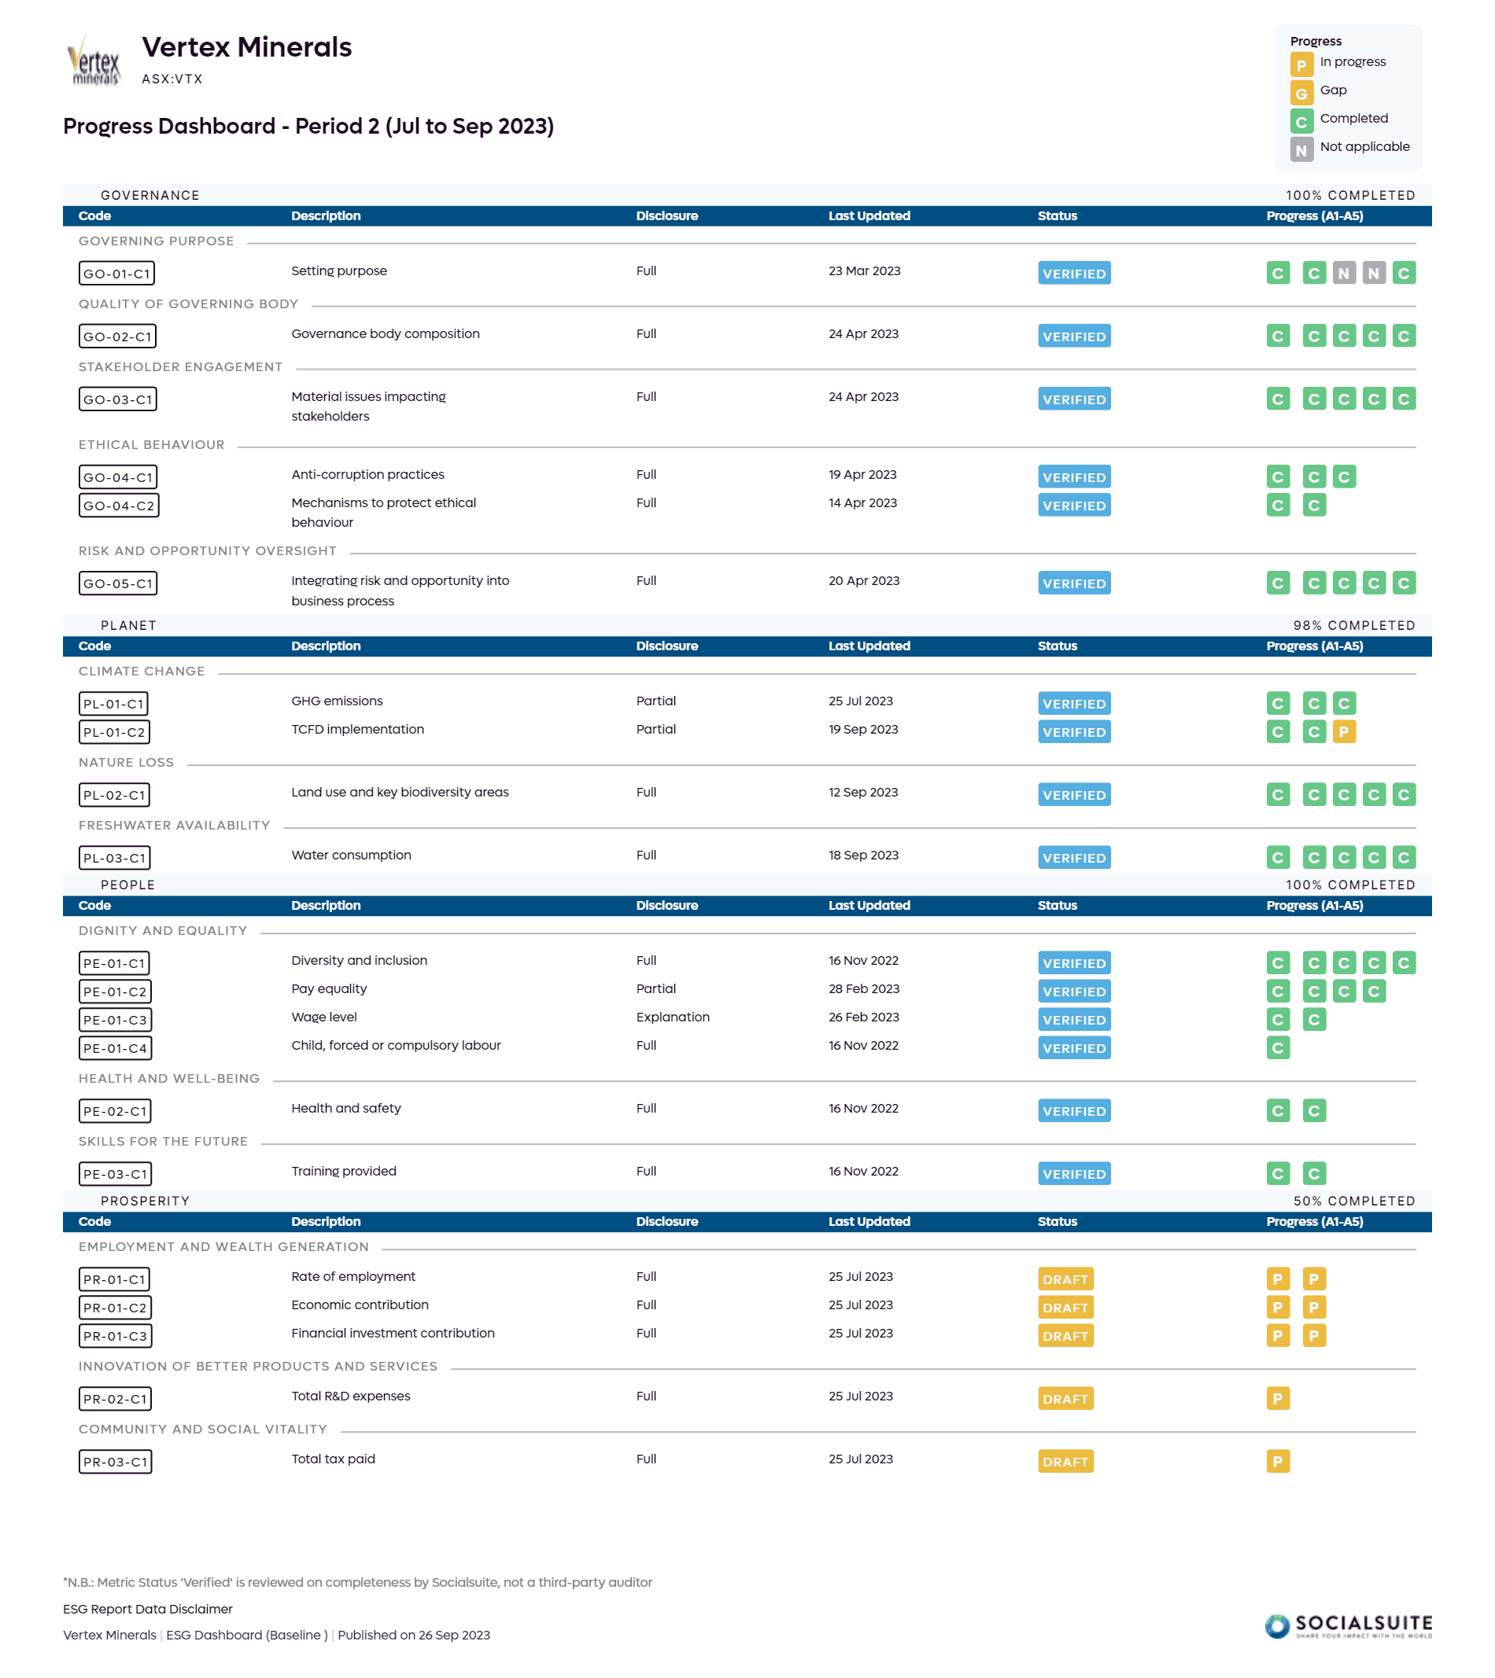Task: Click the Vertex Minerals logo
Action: (94, 60)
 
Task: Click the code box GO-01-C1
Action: (116, 274)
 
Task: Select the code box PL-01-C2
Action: (114, 732)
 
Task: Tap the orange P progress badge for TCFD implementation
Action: (1344, 731)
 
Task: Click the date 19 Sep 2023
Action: (862, 729)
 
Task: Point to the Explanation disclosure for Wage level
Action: (672, 1017)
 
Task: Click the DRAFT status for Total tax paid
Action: (1065, 1462)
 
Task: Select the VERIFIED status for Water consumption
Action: (1073, 858)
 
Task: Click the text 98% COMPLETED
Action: (1353, 626)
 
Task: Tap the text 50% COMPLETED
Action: (1353, 1201)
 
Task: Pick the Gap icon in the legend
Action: (1301, 93)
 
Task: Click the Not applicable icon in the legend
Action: (1301, 149)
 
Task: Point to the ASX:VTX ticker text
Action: (172, 79)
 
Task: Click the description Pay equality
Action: (329, 988)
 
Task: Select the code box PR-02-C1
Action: (115, 1399)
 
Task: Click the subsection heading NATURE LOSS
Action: (126, 763)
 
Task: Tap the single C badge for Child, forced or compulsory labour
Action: (1277, 1048)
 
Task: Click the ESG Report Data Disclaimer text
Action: (148, 1609)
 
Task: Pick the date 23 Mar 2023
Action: (864, 271)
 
